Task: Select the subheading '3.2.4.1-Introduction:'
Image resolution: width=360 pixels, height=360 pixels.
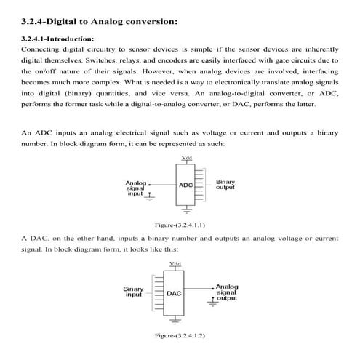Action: (x=58, y=37)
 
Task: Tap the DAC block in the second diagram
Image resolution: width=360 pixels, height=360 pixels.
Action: (x=174, y=293)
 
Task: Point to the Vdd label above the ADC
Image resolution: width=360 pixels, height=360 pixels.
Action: (x=187, y=158)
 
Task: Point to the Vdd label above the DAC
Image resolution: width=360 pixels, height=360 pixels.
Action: (x=175, y=263)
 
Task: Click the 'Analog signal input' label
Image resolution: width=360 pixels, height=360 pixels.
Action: (x=136, y=190)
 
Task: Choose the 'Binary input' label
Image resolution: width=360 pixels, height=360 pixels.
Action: (x=134, y=292)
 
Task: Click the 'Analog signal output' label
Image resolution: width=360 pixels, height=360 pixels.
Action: (x=227, y=292)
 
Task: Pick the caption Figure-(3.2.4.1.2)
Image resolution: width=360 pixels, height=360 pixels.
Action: (x=175, y=336)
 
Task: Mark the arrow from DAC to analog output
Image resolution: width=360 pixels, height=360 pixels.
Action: (x=200, y=287)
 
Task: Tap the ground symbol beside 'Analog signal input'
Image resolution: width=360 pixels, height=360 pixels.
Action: (x=151, y=196)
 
